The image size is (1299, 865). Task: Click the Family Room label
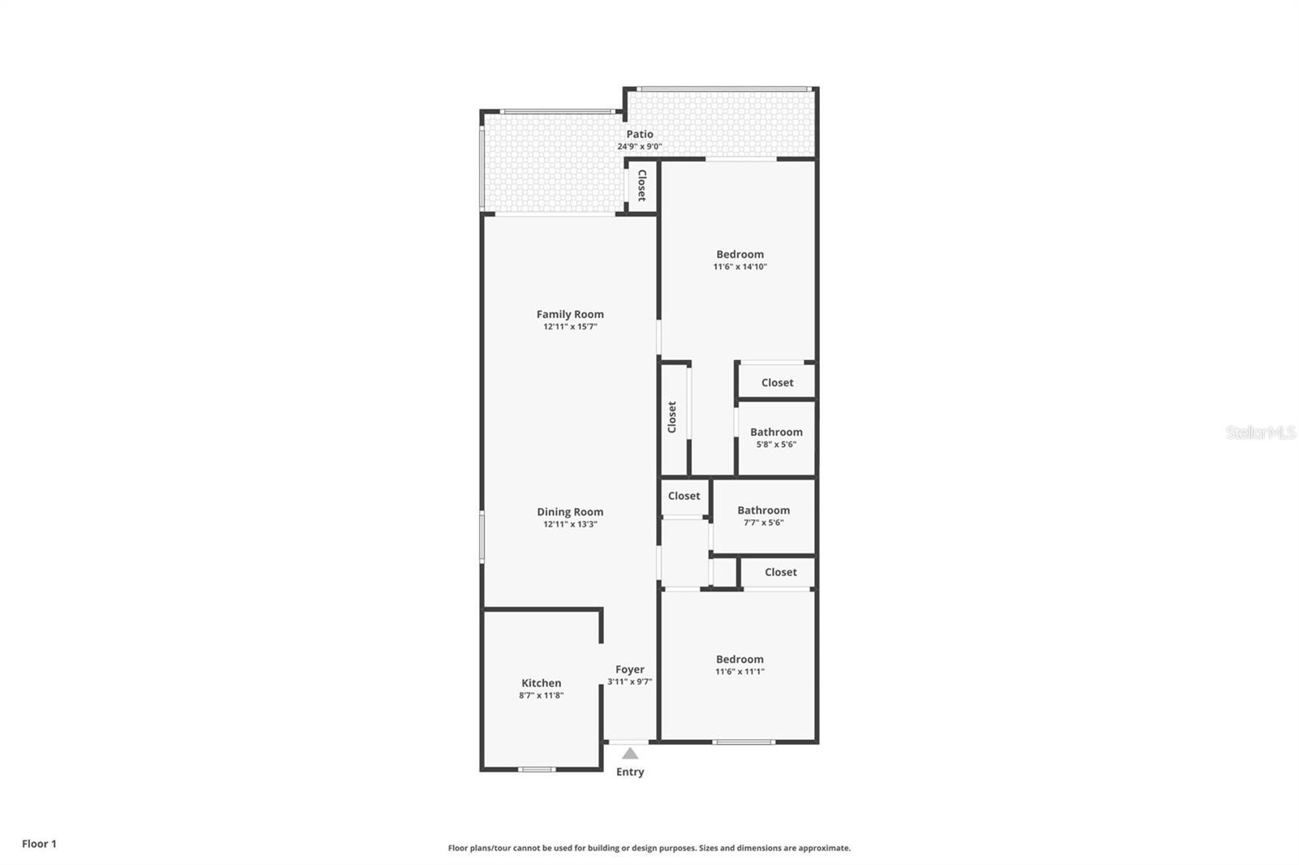tap(570, 314)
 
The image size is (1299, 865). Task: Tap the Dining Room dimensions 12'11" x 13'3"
tap(570, 524)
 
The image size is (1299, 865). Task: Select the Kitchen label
tap(541, 683)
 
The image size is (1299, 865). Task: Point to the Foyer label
tap(629, 669)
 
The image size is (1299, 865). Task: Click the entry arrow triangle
tap(630, 754)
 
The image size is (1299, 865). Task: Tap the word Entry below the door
tap(630, 772)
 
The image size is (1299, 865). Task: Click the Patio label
tap(640, 134)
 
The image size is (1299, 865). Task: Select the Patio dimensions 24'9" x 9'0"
tap(640, 147)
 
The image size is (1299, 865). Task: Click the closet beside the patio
tap(641, 186)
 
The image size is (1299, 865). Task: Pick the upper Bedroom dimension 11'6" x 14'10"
tap(740, 267)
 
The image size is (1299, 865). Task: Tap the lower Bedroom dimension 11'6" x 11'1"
tap(740, 672)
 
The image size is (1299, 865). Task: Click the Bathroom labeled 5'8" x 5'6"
tap(776, 437)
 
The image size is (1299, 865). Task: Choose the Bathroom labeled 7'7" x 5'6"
tap(763, 515)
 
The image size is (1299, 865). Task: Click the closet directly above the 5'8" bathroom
tap(777, 382)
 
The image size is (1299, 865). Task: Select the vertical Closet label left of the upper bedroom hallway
tap(672, 417)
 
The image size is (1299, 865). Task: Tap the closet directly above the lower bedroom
tap(780, 572)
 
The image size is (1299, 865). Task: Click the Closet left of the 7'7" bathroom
tap(684, 496)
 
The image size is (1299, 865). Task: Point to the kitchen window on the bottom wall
tap(537, 768)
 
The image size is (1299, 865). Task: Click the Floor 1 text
tap(39, 844)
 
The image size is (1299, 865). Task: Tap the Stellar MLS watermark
tap(1260, 432)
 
